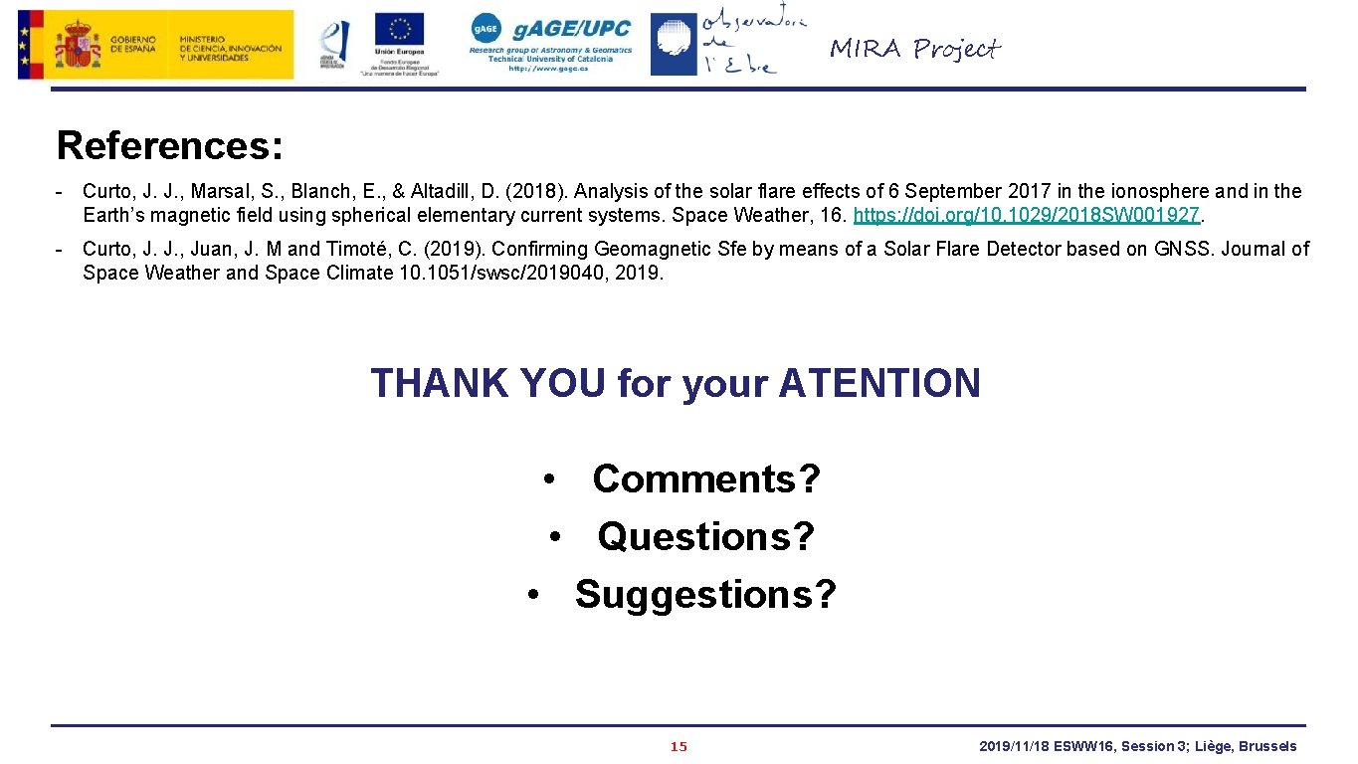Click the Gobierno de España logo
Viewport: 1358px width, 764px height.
155,45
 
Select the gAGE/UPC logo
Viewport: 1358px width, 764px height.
550,43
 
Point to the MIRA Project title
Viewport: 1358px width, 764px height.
914,49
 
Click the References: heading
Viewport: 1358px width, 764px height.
170,145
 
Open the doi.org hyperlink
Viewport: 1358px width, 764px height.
1027,215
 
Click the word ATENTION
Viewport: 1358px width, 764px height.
879,383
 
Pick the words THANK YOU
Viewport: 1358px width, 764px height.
487,383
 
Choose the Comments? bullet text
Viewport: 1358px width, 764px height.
705,479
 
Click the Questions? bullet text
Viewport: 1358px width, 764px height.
705,537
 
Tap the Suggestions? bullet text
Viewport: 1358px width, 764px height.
705,595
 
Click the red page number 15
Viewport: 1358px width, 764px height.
679,747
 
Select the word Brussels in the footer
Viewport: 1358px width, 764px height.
1267,746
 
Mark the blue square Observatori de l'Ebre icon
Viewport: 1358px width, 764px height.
674,45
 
